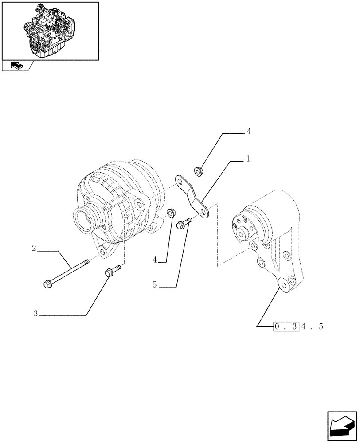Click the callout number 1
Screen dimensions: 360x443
(248, 159)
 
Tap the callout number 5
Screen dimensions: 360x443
(155, 285)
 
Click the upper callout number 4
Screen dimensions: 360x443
(249, 131)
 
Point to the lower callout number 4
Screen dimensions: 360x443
(155, 260)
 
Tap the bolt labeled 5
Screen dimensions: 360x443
(184, 223)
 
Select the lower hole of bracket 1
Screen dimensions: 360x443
(204, 213)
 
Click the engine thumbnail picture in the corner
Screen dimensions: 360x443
(51, 31)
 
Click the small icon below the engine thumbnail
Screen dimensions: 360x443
(16, 66)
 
